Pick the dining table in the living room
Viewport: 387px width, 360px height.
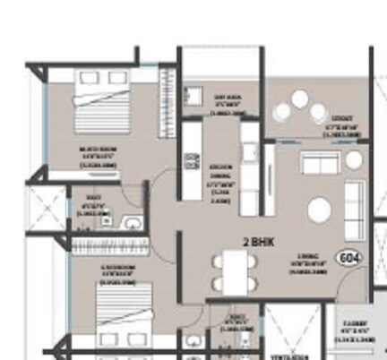234,269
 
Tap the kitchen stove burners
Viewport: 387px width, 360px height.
191,161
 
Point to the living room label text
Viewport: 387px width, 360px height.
303,265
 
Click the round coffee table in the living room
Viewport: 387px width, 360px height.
320,210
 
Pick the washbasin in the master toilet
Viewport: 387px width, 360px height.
133,223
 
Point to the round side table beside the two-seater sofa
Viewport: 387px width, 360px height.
353,159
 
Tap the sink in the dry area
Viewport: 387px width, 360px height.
193,92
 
